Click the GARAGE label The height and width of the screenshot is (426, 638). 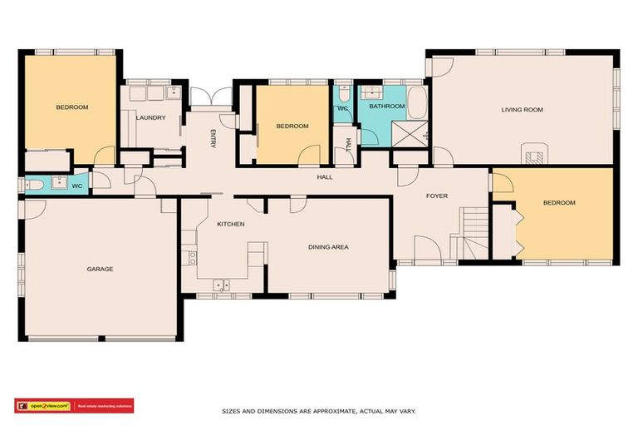point(100,269)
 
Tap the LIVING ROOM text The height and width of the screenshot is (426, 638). point(522,110)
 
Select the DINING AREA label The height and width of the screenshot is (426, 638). point(328,247)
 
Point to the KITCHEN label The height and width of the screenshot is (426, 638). point(230,225)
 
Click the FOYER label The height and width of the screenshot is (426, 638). point(437,196)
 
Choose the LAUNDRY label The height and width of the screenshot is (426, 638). point(150,118)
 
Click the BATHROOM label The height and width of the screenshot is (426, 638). point(387,106)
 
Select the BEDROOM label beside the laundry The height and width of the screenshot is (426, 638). point(72,107)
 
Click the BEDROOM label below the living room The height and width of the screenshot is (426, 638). point(558,203)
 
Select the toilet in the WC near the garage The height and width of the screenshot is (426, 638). point(31,185)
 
